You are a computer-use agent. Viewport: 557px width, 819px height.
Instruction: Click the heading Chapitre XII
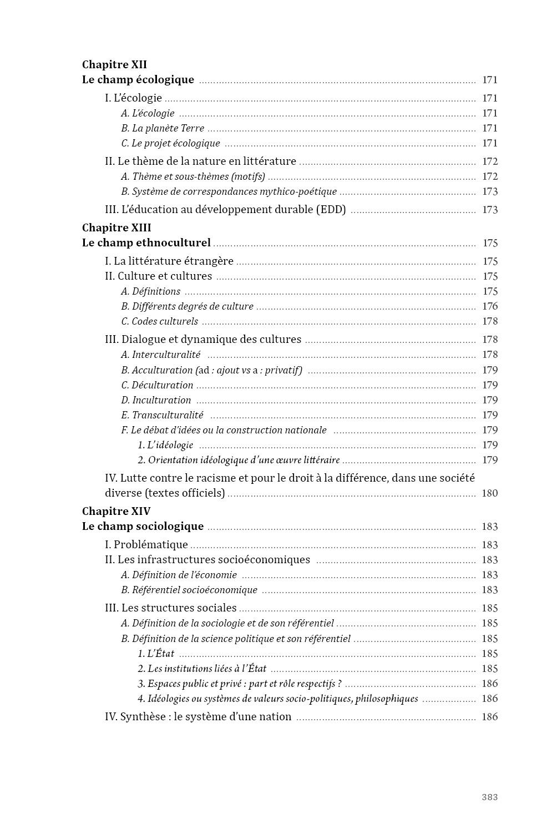pyautogui.click(x=114, y=64)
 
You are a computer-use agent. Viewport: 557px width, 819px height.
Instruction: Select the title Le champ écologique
pyautogui.click(x=138, y=79)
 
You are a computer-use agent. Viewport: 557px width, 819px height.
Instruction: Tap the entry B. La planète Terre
pyautogui.click(x=163, y=128)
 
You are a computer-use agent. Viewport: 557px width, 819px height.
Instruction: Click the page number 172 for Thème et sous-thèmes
pyautogui.click(x=490, y=176)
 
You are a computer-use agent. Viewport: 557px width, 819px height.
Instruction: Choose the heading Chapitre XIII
pyautogui.click(x=117, y=228)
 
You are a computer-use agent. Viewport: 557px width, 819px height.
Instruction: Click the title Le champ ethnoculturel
pyautogui.click(x=146, y=242)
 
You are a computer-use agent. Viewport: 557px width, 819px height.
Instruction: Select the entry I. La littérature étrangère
pyautogui.click(x=169, y=261)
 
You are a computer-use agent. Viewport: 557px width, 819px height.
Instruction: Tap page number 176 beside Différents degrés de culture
pyautogui.click(x=490, y=306)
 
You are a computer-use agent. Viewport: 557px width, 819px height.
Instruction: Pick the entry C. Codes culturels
pyautogui.click(x=160, y=321)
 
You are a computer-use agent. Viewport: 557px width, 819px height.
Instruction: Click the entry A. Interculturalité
pyautogui.click(x=161, y=355)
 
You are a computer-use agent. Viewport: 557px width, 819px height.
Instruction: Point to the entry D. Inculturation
pyautogui.click(x=156, y=400)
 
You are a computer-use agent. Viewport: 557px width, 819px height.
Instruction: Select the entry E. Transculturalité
pyautogui.click(x=162, y=415)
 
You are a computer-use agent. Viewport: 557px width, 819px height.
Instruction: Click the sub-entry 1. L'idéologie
pyautogui.click(x=165, y=445)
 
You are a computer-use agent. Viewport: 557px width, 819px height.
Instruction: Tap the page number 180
pyautogui.click(x=490, y=493)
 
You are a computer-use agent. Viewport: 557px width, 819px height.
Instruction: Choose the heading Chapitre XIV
pyautogui.click(x=117, y=511)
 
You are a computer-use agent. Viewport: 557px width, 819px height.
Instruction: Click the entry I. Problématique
pyautogui.click(x=146, y=545)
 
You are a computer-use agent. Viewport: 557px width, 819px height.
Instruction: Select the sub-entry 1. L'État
pyautogui.click(x=156, y=654)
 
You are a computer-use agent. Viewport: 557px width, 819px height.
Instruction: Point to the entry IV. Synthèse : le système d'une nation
pyautogui.click(x=198, y=717)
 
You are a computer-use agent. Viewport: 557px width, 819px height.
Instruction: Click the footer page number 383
pyautogui.click(x=489, y=797)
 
